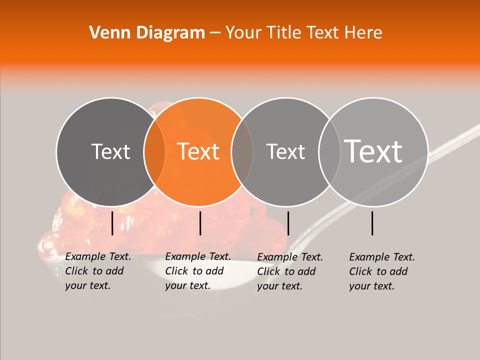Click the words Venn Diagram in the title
click(147, 33)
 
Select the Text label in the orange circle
click(198, 151)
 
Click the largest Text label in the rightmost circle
click(373, 151)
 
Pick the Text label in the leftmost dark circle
click(110, 151)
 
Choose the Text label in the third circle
click(285, 151)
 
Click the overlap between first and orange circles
click(154, 151)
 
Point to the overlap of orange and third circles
click(242, 151)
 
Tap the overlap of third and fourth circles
click(329, 151)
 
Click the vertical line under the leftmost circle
click(112, 223)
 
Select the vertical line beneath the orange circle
click(200, 223)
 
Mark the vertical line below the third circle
click(288, 223)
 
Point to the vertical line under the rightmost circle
click(372, 223)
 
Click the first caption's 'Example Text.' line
click(98, 256)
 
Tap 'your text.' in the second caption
click(187, 285)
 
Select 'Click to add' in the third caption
click(286, 271)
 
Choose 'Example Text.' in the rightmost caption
click(382, 257)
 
